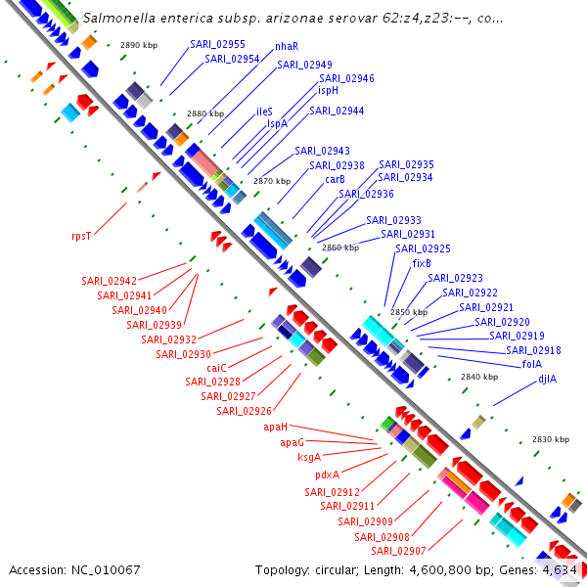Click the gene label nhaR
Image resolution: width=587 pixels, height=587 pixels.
click(287, 46)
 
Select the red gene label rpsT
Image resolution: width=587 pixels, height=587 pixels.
click(81, 236)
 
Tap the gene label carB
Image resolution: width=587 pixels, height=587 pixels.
click(335, 179)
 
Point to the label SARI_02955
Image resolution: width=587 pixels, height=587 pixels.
click(217, 45)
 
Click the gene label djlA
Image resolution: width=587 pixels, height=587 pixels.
click(547, 379)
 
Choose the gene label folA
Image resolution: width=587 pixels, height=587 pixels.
click(532, 364)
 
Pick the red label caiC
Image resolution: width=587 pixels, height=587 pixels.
click(217, 368)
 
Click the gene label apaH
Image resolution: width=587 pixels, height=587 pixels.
click(276, 427)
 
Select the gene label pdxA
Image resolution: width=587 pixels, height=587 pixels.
click(327, 474)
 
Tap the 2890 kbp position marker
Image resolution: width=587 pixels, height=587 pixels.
click(139, 45)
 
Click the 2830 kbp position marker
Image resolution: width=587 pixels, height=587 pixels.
click(551, 439)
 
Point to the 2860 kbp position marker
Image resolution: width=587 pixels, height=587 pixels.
click(340, 248)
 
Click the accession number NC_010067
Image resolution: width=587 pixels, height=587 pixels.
click(106, 570)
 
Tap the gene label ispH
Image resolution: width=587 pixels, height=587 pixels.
click(328, 91)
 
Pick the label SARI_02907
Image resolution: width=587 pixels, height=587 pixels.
click(398, 551)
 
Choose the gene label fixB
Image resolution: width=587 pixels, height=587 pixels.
click(422, 263)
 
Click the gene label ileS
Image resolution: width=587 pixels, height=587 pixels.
click(264, 112)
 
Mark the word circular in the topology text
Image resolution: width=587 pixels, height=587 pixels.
click(335, 570)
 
